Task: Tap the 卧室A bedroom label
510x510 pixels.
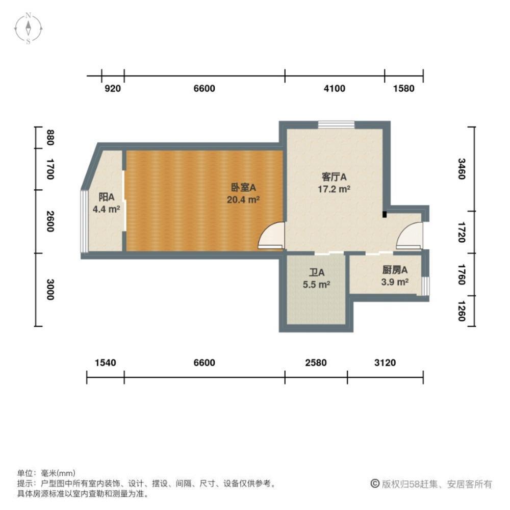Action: click(243, 188)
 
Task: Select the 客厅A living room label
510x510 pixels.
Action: click(334, 177)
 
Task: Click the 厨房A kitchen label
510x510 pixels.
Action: click(395, 270)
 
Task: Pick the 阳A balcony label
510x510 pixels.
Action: click(106, 197)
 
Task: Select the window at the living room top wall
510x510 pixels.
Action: click(336, 124)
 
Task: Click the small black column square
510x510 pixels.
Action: click(385, 215)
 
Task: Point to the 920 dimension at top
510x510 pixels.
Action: click(113, 89)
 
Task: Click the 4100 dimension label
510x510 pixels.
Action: click(335, 89)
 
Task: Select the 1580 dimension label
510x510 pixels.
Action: click(404, 89)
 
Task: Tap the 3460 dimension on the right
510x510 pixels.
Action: click(461, 169)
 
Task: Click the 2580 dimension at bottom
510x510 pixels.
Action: click(316, 363)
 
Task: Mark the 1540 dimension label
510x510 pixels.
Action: click(106, 363)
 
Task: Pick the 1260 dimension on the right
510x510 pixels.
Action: click(461, 311)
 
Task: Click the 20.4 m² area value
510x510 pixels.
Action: click(243, 200)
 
